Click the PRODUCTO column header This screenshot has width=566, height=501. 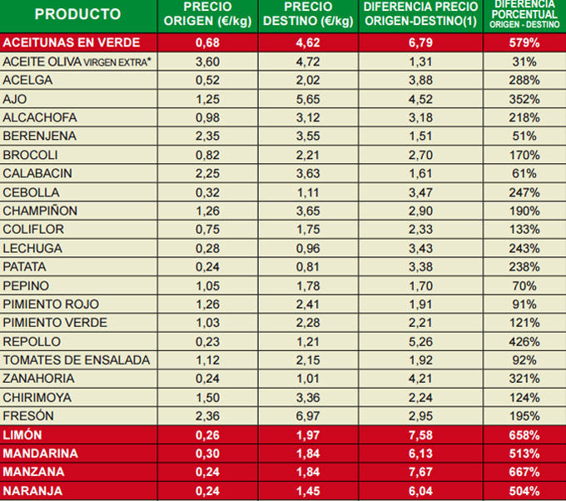77,15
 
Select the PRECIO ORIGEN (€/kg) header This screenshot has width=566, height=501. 201,14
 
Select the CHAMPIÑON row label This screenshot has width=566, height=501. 40,211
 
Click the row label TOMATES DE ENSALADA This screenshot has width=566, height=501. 77,360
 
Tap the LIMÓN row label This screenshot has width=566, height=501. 22,435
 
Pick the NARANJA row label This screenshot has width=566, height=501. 32,491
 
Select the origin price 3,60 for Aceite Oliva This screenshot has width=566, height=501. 201,61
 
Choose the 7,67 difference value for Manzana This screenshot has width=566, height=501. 420,473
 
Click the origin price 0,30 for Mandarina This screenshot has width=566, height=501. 201,454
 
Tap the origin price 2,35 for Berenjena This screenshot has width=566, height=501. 201,136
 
